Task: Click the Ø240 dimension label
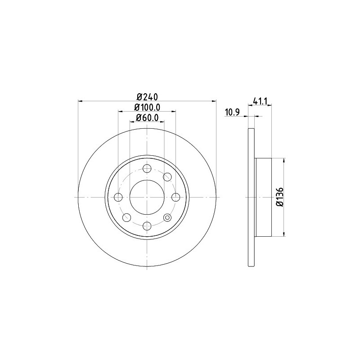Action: point(147,97)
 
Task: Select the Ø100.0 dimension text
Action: point(147,107)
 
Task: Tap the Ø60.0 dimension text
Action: point(147,118)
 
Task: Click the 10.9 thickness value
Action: point(232,112)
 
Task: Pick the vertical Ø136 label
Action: point(280,197)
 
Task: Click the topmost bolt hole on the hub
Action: point(147,168)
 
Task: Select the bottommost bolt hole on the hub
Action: point(147,226)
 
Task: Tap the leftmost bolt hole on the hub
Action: point(118,197)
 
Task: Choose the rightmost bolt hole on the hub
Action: point(175,197)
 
